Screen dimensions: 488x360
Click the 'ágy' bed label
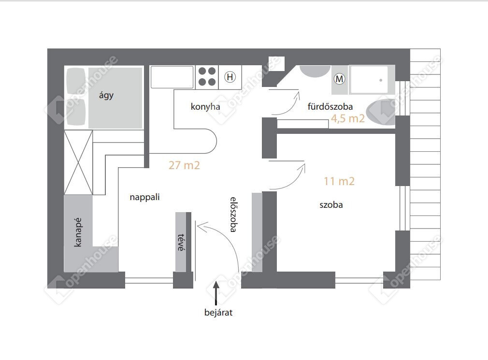(106, 95)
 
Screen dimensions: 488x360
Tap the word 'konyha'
(205, 107)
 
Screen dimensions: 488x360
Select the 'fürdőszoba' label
(330, 106)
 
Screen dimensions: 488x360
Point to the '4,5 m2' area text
(347, 118)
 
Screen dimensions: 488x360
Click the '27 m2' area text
(184, 165)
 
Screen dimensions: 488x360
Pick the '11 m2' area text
(339, 181)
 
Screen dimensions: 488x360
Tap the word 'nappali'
(145, 197)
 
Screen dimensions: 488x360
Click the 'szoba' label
(331, 205)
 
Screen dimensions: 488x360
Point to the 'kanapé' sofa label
(78, 232)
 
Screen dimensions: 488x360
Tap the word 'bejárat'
(218, 312)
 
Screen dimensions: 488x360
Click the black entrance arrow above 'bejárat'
(216, 293)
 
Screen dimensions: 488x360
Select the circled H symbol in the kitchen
(230, 77)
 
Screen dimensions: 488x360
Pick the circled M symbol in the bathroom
(340, 79)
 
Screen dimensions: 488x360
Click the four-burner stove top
(207, 76)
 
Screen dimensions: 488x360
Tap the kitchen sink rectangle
(172, 77)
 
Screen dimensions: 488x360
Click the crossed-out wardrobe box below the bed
(78, 162)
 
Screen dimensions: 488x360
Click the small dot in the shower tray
(381, 80)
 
